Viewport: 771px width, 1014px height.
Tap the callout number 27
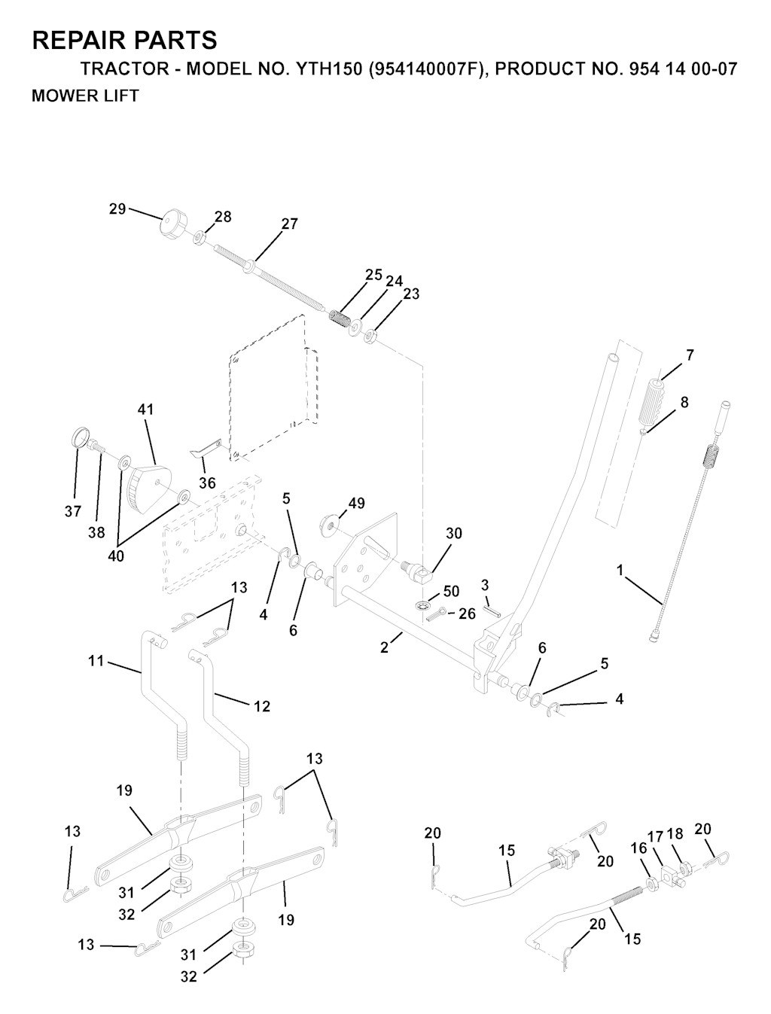[x=290, y=224]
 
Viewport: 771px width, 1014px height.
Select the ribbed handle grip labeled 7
[x=650, y=401]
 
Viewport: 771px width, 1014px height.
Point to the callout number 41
[x=145, y=410]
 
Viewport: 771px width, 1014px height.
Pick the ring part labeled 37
[x=81, y=437]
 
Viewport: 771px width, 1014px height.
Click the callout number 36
[x=207, y=483]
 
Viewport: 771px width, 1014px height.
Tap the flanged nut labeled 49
[x=329, y=525]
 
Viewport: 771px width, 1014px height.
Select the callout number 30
[x=453, y=534]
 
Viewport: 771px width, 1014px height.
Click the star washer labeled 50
[x=422, y=604]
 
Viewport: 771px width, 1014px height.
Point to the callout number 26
[x=467, y=614]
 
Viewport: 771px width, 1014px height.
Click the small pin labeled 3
[x=492, y=611]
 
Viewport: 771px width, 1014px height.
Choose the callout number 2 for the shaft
[x=384, y=647]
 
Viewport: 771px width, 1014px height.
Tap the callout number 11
[x=96, y=661]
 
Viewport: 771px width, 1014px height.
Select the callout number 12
[x=262, y=706]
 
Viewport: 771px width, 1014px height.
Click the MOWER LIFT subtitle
[x=85, y=96]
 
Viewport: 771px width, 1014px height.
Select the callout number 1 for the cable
[x=620, y=571]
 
